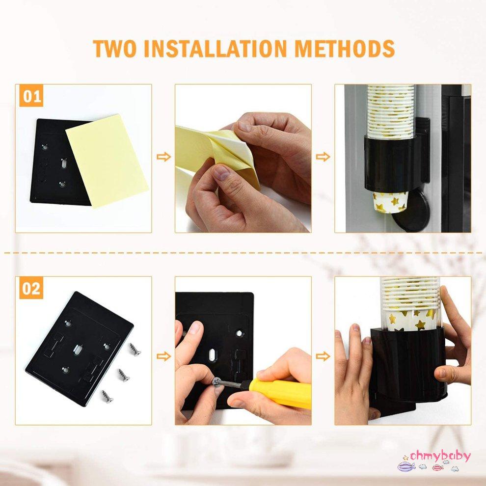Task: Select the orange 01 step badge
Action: click(x=31, y=96)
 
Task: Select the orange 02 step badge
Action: click(x=31, y=288)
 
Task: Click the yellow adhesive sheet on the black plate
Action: click(x=107, y=160)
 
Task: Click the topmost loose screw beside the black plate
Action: click(x=135, y=350)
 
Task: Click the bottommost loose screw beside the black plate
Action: click(x=107, y=396)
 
